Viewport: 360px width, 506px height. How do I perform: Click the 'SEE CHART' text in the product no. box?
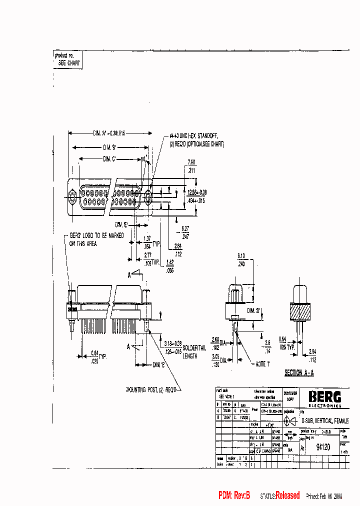coord(69,63)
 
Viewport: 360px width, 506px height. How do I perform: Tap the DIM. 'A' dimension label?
coord(108,133)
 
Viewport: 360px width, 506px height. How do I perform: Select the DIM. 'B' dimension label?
coord(109,147)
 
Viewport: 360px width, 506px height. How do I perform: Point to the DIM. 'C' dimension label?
coord(109,159)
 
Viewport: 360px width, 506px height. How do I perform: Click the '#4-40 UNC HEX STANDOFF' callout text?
coord(194,136)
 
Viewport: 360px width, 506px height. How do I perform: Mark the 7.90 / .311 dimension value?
coord(191,166)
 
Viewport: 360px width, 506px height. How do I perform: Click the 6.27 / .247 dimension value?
coord(185,232)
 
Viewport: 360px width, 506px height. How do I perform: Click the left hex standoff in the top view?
coord(72,196)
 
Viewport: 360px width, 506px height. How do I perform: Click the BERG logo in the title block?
coord(324,397)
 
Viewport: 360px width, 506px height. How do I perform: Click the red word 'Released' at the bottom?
coord(287,495)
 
